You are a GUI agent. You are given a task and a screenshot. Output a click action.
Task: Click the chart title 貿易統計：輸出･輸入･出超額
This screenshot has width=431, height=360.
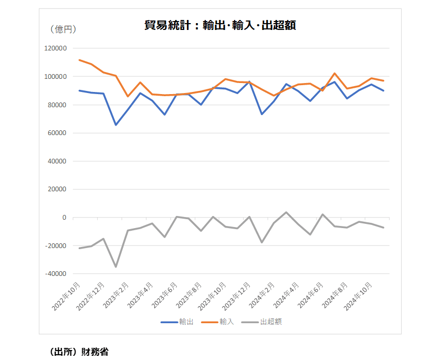[220, 25]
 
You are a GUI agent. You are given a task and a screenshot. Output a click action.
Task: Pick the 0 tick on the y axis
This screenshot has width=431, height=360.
[64, 218]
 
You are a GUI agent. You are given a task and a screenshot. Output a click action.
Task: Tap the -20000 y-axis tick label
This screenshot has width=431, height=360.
[55, 246]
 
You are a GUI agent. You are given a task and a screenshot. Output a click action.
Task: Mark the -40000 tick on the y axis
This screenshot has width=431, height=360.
[55, 274]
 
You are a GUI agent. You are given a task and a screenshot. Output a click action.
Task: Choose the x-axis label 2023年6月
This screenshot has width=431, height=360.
[166, 296]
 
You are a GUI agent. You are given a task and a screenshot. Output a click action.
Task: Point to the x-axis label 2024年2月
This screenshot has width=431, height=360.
[264, 296]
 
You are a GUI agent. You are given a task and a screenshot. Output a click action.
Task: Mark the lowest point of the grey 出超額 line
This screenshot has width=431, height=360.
[115, 267]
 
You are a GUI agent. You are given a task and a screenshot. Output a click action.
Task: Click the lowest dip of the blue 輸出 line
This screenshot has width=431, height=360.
[115, 125]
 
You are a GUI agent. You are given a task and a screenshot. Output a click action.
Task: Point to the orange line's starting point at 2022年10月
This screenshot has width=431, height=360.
[79, 60]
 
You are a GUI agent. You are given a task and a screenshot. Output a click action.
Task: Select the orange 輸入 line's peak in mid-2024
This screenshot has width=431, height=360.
[334, 74]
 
